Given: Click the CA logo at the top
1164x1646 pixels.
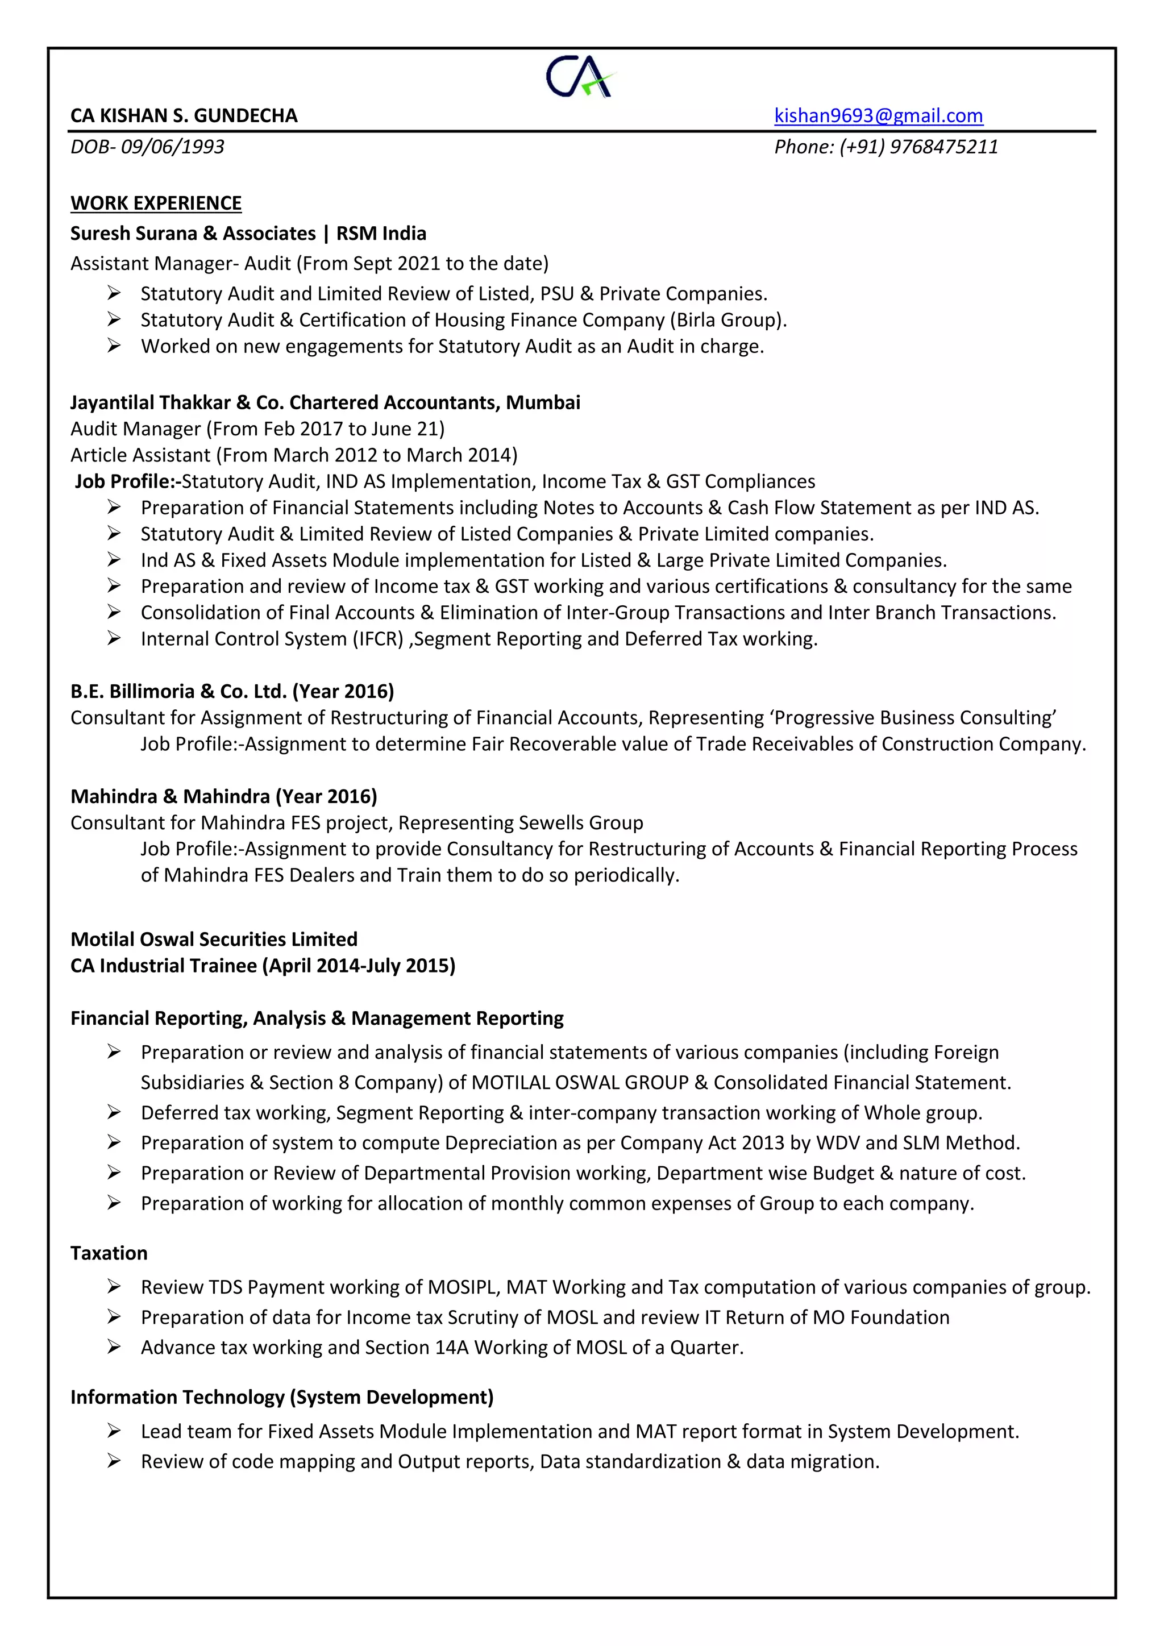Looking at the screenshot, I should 579,76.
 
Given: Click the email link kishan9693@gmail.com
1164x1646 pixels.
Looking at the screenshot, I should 878,115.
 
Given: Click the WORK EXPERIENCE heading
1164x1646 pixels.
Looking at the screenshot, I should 156,203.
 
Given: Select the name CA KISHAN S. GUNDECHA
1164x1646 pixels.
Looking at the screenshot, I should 184,115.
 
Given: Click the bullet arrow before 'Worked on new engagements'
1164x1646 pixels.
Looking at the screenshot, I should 114,346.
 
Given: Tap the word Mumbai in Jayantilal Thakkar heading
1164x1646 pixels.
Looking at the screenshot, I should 543,403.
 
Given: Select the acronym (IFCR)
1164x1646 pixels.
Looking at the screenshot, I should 378,639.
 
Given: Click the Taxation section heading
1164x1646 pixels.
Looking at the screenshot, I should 109,1253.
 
